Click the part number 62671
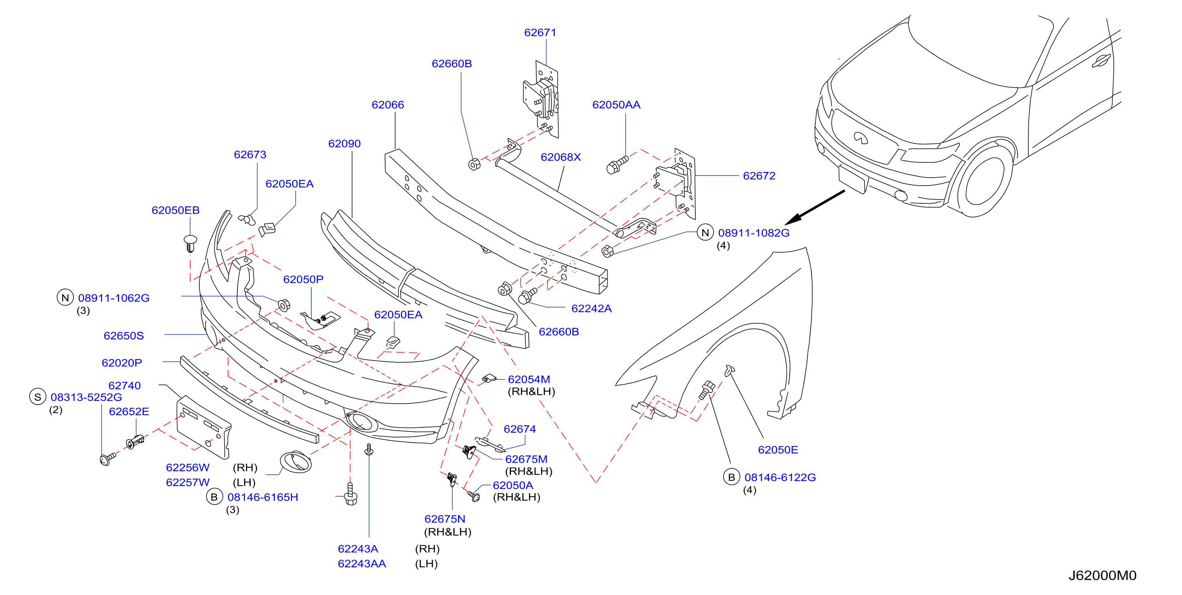click(540, 32)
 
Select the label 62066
click(388, 105)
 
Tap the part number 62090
click(345, 144)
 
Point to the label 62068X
click(561, 157)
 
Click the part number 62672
click(759, 176)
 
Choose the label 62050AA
click(616, 105)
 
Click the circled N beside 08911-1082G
click(705, 233)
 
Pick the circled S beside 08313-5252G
click(38, 397)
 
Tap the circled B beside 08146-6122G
click(732, 477)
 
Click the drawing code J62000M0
click(1102, 576)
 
